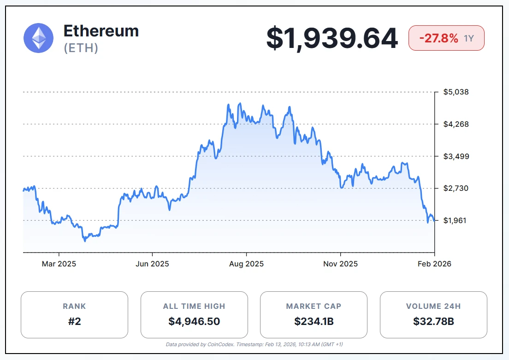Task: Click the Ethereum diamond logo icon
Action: [39, 38]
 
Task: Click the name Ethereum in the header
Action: [101, 31]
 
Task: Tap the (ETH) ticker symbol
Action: [81, 48]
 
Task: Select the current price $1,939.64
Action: [332, 38]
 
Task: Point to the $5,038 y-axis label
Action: [456, 92]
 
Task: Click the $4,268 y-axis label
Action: [456, 124]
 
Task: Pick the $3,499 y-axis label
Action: [456, 156]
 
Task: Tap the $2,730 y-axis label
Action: [456, 188]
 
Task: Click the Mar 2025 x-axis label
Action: [59, 264]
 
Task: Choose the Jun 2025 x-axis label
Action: [153, 264]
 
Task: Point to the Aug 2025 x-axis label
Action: [247, 264]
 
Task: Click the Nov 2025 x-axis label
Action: [340, 264]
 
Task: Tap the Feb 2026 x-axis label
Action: [434, 264]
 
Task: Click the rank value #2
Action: [74, 321]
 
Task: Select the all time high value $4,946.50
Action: [194, 321]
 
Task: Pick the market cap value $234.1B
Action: [314, 321]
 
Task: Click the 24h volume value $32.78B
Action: [433, 321]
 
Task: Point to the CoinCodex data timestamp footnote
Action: [254, 344]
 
